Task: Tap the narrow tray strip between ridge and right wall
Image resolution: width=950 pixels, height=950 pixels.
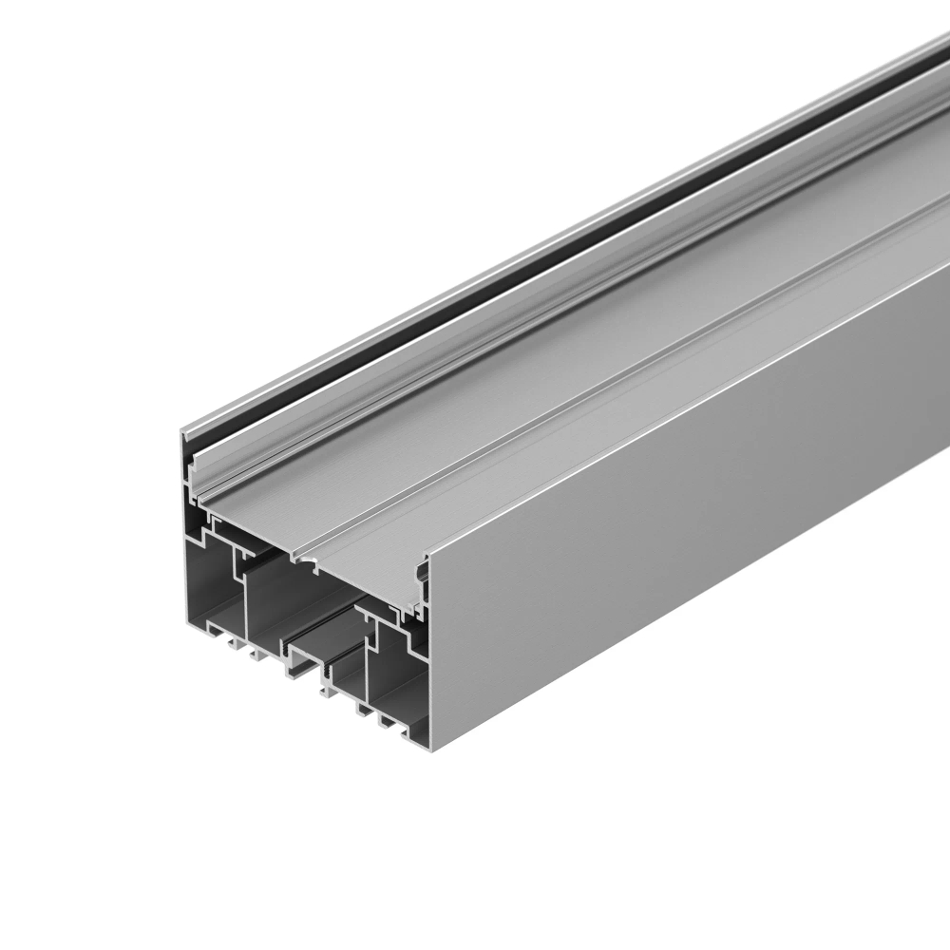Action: (665, 399)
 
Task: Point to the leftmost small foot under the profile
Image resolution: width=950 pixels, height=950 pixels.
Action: (231, 645)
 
